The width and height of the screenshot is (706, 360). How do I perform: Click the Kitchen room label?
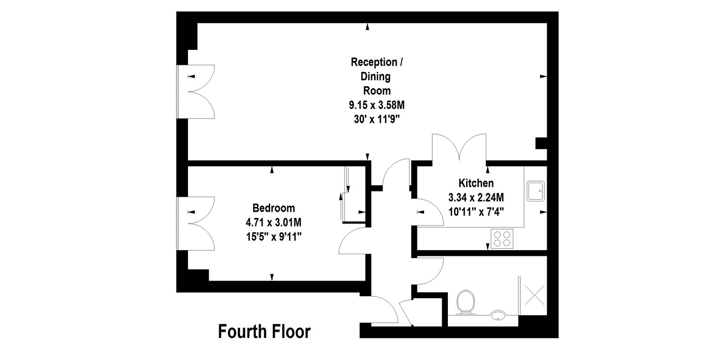[x=476, y=183]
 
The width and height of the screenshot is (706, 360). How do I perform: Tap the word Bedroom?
[x=274, y=208]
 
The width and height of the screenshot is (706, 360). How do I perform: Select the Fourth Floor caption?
[x=264, y=332]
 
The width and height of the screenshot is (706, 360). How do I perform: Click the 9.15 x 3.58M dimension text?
[x=377, y=105]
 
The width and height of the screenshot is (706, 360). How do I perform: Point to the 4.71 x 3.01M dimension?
[x=274, y=222]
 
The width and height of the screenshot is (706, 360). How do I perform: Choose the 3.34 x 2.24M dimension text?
[x=476, y=198]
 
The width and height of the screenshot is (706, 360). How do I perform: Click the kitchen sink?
[x=536, y=191]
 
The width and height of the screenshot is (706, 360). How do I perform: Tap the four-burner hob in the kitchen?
[x=502, y=239]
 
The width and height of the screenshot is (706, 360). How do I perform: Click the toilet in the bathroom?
[x=466, y=302]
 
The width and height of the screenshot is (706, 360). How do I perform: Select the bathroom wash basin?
[x=498, y=314]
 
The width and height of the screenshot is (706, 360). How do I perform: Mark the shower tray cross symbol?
[x=534, y=296]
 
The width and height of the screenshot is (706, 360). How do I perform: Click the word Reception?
[x=374, y=62]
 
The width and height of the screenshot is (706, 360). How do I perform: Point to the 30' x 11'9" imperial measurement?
[x=377, y=120]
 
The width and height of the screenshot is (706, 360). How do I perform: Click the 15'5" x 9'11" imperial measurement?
[x=274, y=237]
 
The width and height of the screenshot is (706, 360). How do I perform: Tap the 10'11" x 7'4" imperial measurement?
[x=476, y=212]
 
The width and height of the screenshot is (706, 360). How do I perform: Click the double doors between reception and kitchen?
[x=459, y=147]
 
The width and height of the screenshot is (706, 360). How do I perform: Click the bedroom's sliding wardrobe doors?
[x=345, y=194]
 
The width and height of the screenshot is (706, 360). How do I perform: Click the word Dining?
[x=376, y=77]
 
